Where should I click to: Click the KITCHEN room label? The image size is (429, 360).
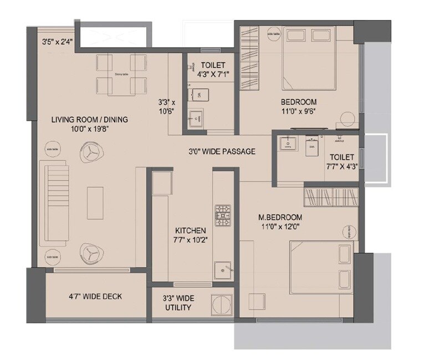pyautogui.click(x=191, y=230)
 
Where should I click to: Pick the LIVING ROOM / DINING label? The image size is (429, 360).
pyautogui.click(x=90, y=119)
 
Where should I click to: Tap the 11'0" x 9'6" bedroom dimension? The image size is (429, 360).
pyautogui.click(x=298, y=111)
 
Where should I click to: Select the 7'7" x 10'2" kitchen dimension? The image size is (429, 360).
pyautogui.click(x=191, y=240)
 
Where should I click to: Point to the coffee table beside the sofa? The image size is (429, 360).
pyautogui.click(x=95, y=202)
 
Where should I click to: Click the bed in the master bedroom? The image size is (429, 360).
pyautogui.click(x=321, y=268)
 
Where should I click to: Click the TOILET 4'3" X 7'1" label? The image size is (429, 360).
pyautogui.click(x=208, y=70)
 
